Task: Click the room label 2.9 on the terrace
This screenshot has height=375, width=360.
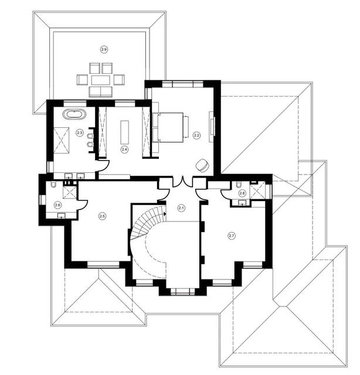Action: point(104,50)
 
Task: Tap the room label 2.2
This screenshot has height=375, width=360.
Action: point(197,135)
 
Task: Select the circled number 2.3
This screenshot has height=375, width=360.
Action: point(80,132)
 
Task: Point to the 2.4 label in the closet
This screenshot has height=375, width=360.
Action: point(124,149)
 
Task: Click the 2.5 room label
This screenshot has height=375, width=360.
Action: point(102,216)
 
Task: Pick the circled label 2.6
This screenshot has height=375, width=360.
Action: point(57,205)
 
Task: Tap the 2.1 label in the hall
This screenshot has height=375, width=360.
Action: point(181,208)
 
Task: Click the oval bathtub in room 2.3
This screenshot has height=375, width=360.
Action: point(74,114)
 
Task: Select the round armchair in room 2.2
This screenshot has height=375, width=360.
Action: point(202,165)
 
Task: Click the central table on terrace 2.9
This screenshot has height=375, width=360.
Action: point(100,80)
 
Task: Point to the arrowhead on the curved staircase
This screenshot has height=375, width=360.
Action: point(165,213)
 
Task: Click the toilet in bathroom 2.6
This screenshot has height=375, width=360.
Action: point(53,185)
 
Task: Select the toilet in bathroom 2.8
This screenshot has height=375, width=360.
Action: point(239,185)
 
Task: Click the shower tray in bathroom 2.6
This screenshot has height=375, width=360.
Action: point(70,192)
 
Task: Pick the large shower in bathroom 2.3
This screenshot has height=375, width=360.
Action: point(62,140)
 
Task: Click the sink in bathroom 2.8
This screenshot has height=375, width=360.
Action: point(242,203)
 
